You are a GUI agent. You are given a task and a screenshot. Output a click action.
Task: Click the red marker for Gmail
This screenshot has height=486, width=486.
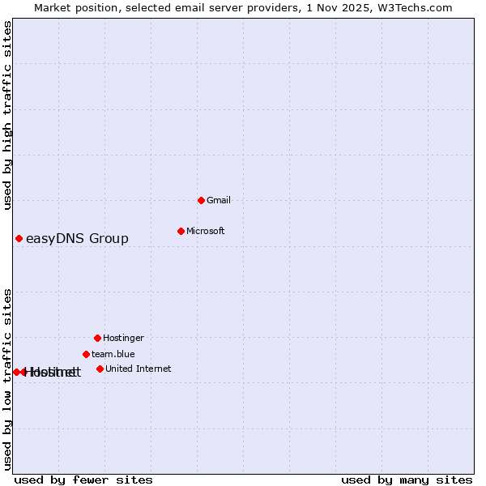(201, 200)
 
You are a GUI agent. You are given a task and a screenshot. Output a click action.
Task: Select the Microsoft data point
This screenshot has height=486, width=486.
(181, 231)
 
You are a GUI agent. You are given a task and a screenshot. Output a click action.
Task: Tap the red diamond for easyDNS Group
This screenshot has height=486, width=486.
(19, 238)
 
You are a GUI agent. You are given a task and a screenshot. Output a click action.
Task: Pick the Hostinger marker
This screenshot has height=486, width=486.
(97, 338)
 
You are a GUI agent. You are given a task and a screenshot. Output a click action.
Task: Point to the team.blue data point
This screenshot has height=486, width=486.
(86, 354)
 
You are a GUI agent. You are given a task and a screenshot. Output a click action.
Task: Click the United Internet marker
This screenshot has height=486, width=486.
(100, 369)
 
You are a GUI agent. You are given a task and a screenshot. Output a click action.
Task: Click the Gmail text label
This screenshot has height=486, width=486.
(219, 200)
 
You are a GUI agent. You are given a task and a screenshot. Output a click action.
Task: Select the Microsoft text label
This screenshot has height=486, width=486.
(206, 231)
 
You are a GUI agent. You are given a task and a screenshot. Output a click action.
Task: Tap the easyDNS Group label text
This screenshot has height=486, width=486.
(77, 238)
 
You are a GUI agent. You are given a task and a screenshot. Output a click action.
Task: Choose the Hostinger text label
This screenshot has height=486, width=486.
(123, 338)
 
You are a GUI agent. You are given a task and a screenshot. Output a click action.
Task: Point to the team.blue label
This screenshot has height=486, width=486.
(113, 354)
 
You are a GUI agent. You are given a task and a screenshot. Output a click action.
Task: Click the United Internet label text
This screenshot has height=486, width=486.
(139, 369)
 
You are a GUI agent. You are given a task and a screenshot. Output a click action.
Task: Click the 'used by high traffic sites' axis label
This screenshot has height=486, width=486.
(7, 115)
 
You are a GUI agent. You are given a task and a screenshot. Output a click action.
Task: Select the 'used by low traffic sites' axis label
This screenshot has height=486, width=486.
(7, 378)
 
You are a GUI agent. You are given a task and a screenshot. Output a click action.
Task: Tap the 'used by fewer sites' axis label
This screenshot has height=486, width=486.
(83, 480)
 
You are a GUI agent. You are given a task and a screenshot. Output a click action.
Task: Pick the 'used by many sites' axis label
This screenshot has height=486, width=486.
(407, 480)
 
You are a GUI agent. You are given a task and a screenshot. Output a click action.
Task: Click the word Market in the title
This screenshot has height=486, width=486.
(53, 7)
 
